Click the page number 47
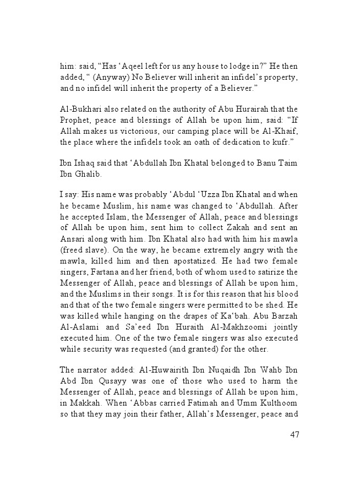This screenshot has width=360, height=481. (x=294, y=435)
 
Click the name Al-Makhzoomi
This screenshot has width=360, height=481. (x=219, y=342)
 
